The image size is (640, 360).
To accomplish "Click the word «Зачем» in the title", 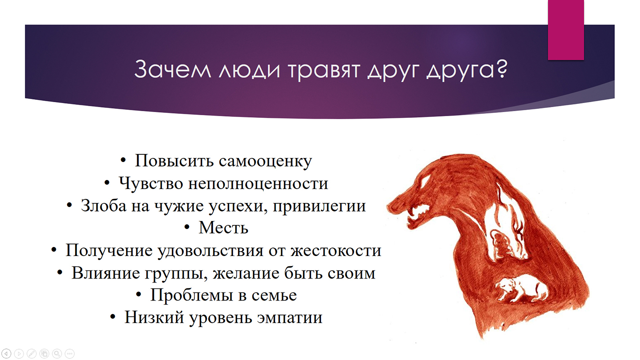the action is [173, 69].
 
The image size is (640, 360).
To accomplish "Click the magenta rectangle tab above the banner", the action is [566, 30].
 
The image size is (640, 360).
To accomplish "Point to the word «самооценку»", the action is [266, 161].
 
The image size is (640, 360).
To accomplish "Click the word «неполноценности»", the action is [258, 184].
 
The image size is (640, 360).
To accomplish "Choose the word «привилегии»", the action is [319, 206].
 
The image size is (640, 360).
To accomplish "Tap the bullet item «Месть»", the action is [223, 228].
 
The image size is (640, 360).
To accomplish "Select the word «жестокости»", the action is [336, 251].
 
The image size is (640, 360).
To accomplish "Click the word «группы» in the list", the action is [176, 274].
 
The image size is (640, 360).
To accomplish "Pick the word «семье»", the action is [274, 296].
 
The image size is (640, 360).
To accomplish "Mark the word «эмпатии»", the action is [290, 318].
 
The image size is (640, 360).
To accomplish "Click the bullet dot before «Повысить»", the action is [123, 161].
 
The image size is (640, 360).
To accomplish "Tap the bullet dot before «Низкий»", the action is [113, 317].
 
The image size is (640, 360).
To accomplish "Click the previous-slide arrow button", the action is [6, 354].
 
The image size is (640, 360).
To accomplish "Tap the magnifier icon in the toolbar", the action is [57, 354].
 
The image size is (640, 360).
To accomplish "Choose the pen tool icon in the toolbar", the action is [32, 354].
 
